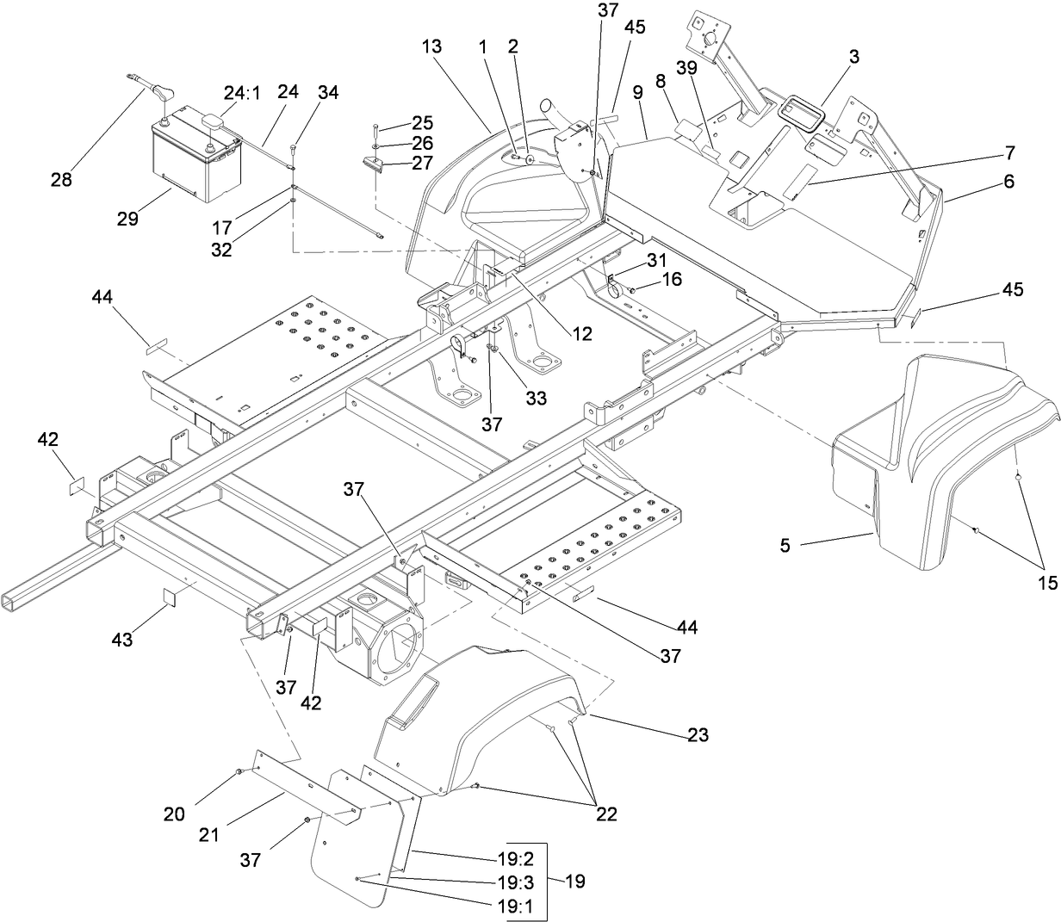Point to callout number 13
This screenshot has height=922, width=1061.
point(431,46)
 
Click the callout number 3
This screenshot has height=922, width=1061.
point(853,58)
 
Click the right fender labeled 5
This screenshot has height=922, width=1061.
point(939,465)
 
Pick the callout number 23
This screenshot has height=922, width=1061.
point(698,735)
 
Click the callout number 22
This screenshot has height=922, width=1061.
point(606,814)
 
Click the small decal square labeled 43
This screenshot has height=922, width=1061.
point(169,597)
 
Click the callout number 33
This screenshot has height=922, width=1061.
point(536,374)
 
